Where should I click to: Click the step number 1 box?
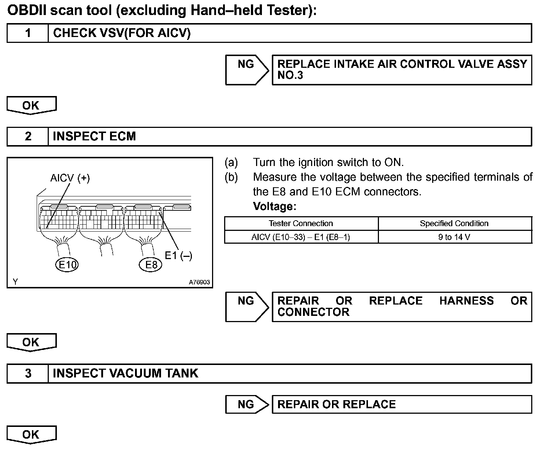pos(28,33)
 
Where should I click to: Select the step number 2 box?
pos(28,137)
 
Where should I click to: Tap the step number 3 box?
pos(28,373)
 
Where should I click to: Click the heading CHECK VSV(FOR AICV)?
pos(122,33)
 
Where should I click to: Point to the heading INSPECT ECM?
pos(94,137)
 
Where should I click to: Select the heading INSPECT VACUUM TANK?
pos(125,373)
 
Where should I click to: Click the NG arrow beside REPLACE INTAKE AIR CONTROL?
pos(247,70)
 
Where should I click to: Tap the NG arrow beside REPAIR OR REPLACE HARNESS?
pos(247,307)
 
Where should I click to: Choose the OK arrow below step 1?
pos(31,105)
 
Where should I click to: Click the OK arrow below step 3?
pos(31,434)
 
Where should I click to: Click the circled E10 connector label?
pos(67,265)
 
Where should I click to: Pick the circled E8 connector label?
pos(151,265)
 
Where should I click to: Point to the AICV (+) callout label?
pos(70,178)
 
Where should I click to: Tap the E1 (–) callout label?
pos(178,255)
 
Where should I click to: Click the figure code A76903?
pos(199,282)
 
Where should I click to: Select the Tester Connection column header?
pos(301,224)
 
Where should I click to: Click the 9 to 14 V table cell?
pos(454,237)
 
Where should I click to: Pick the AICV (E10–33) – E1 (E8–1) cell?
pos(301,237)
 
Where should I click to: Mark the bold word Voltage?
pos(274,207)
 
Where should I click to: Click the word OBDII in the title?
pos(27,11)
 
